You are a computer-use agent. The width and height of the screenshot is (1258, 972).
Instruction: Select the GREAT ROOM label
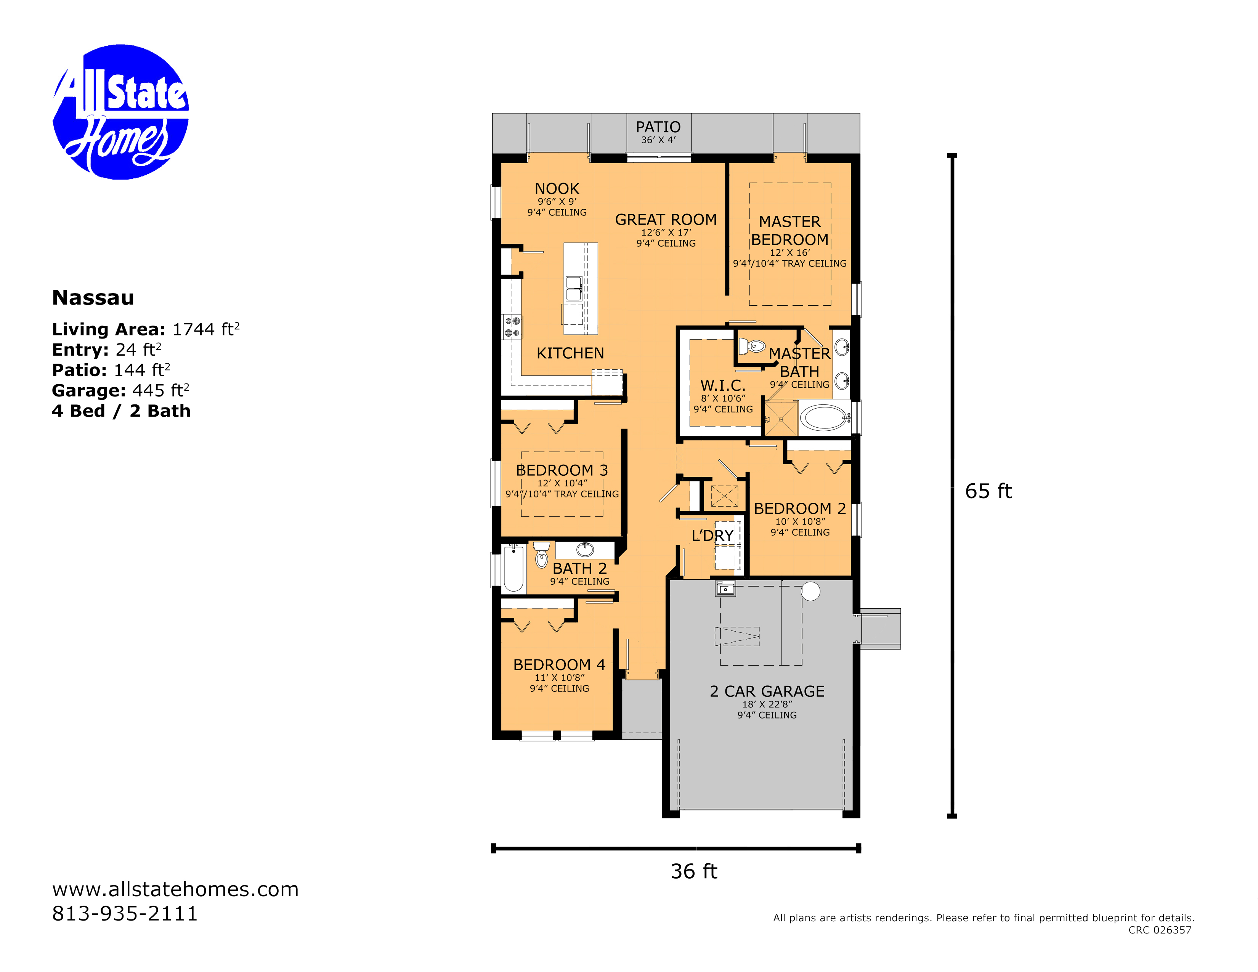click(666, 220)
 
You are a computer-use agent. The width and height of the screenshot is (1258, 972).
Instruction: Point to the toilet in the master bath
click(752, 346)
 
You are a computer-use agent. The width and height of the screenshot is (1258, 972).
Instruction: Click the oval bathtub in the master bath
click(824, 417)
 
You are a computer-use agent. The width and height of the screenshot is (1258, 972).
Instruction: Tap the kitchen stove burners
click(512, 327)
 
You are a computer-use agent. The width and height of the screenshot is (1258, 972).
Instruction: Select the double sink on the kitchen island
click(574, 289)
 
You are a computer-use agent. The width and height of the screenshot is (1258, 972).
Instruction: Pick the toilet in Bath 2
click(541, 554)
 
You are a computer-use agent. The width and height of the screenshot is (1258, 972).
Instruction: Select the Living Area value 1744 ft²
click(205, 329)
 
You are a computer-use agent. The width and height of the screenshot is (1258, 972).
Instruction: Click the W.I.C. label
click(723, 385)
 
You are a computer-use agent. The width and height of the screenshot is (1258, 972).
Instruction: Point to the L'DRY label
click(712, 536)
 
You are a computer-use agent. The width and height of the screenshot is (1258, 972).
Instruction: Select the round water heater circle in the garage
click(810, 591)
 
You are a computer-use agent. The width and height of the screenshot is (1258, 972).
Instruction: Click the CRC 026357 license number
click(1160, 930)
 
